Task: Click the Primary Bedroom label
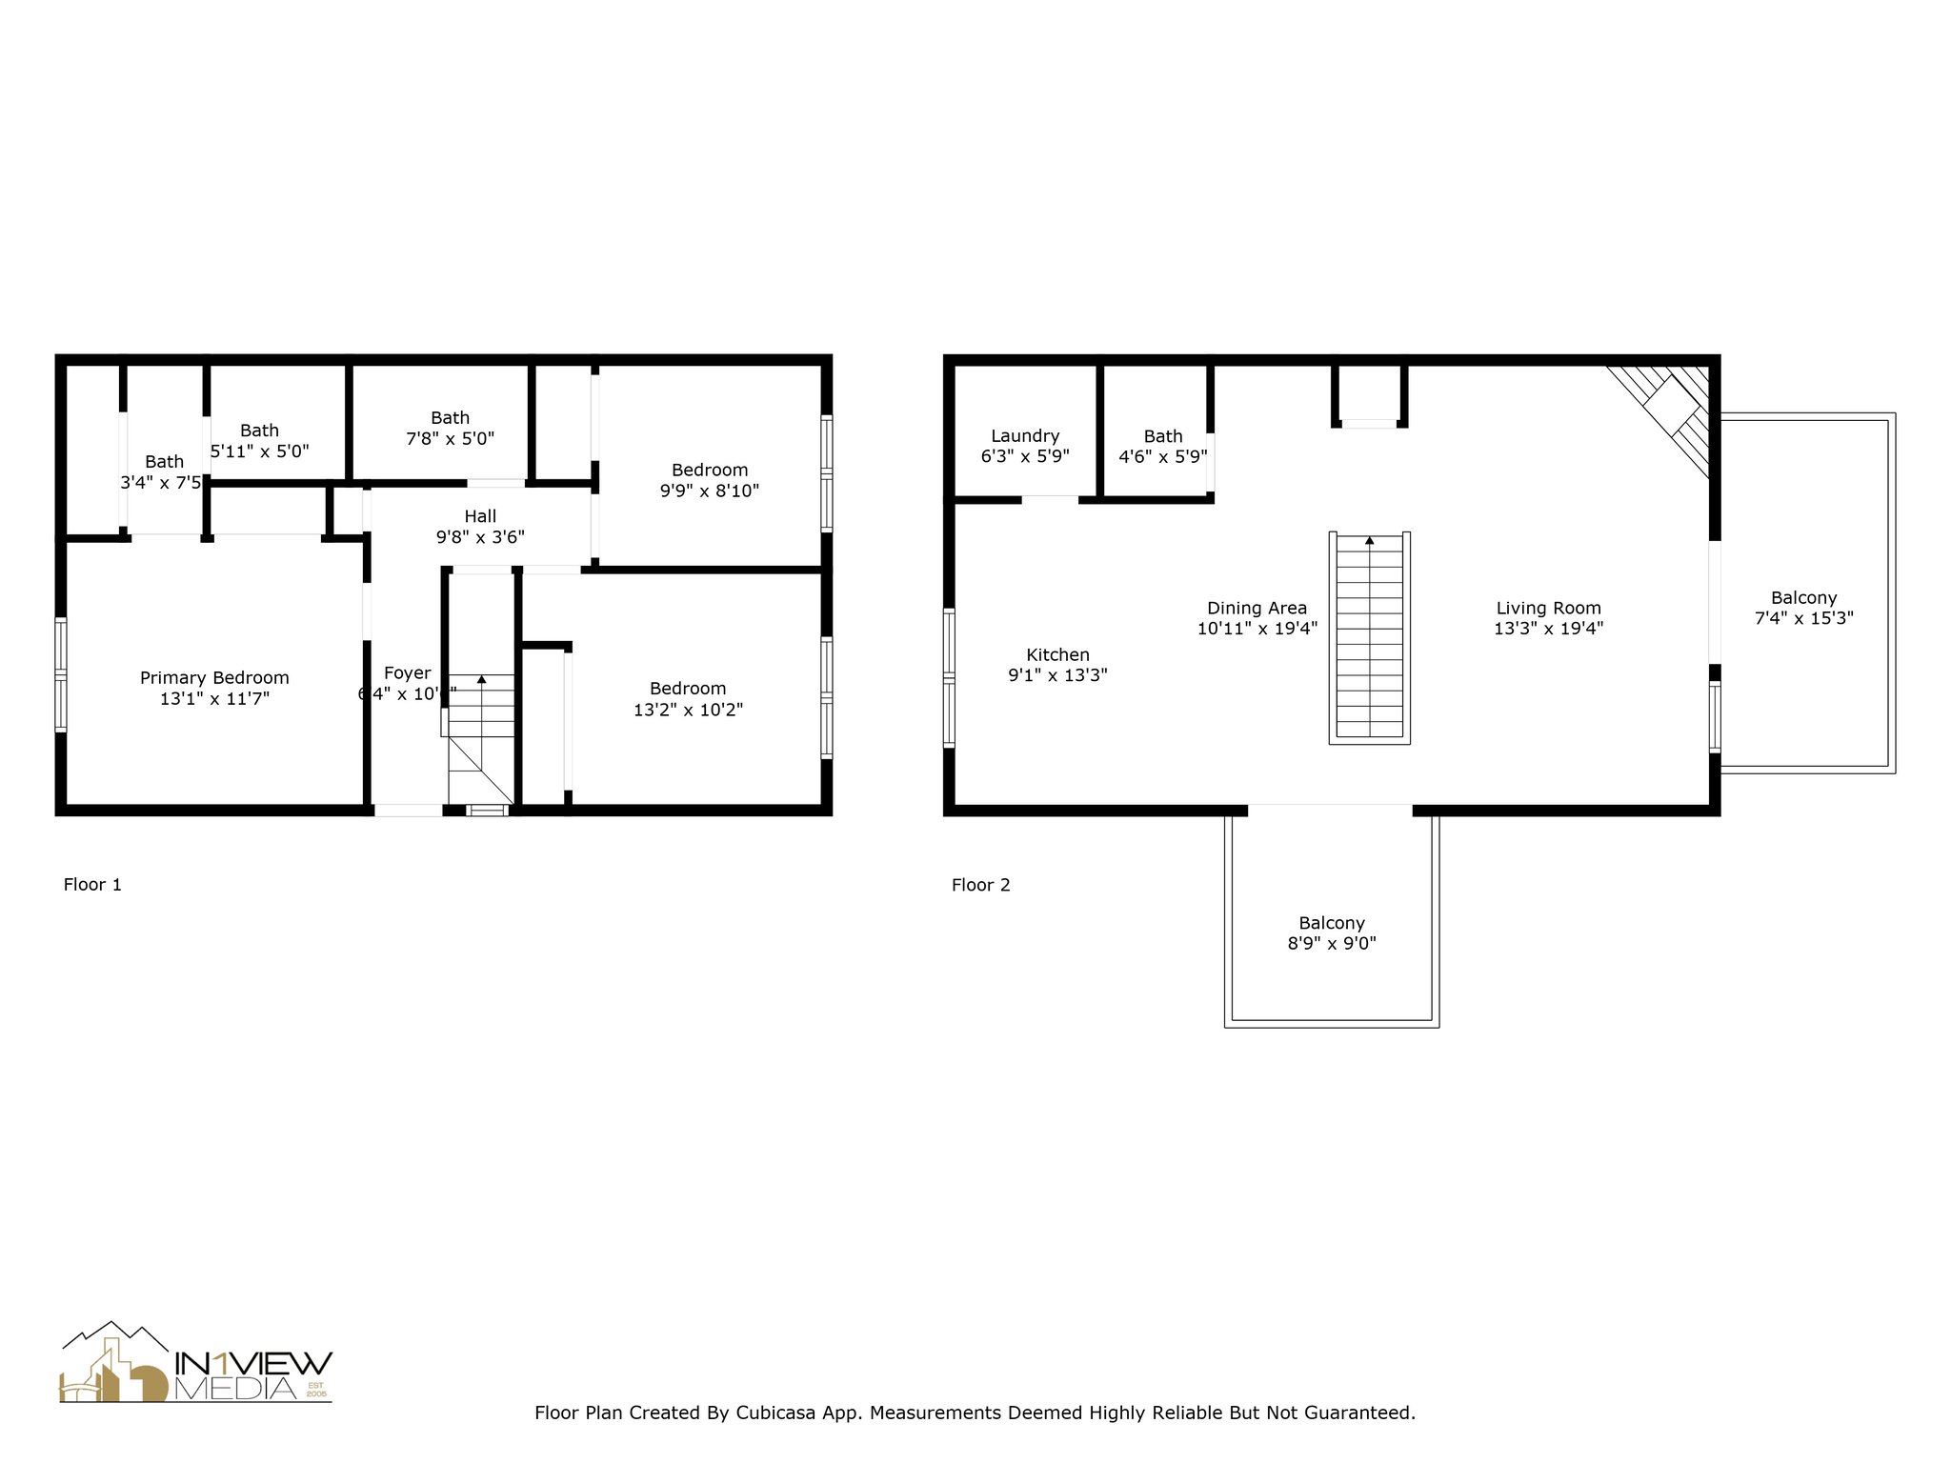point(214,678)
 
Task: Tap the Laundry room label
point(1025,436)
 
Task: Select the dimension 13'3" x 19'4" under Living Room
point(1548,629)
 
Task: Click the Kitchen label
point(1057,655)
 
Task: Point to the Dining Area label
point(1257,608)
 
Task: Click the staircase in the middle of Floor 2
point(1369,638)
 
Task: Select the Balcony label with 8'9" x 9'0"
point(1331,923)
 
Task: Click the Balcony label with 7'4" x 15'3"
point(1803,598)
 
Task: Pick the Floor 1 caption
point(92,885)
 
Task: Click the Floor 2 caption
point(980,885)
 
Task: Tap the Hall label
point(480,516)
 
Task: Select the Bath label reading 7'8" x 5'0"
point(450,418)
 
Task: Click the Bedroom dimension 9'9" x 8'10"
point(709,491)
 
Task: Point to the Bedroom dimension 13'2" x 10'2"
point(688,710)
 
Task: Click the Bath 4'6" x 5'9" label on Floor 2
point(1162,436)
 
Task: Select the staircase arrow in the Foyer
point(481,679)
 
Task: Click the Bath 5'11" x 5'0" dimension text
point(260,451)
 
